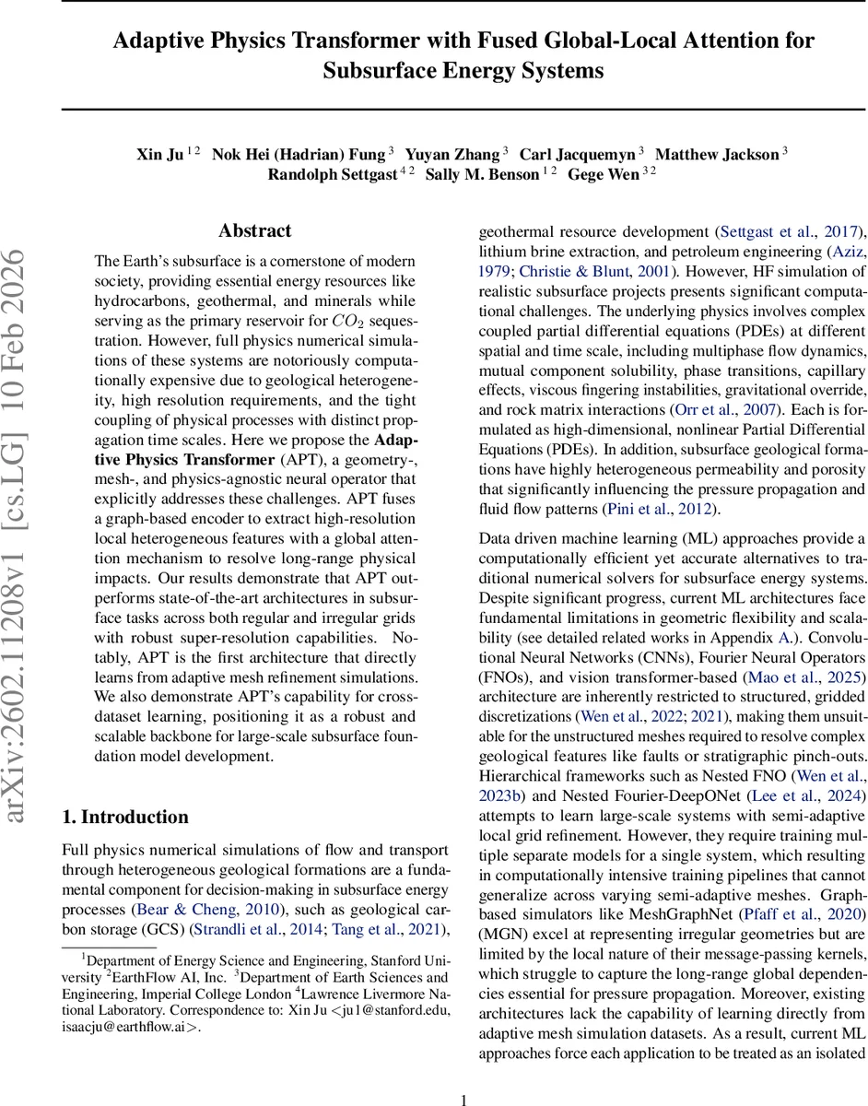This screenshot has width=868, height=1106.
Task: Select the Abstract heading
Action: coord(254,230)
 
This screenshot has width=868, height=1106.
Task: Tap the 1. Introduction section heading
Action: coord(124,817)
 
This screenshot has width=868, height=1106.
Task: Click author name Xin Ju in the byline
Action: coord(160,154)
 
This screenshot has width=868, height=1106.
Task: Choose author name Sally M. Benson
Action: coord(482,174)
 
